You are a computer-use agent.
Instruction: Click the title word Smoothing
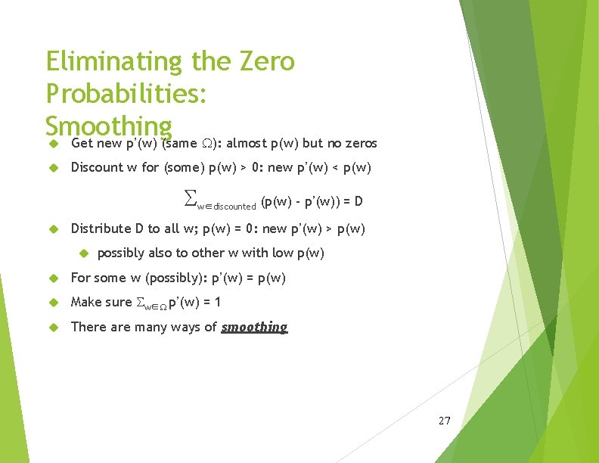pyautogui.click(x=109, y=126)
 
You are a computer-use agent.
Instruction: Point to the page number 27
pyautogui.click(x=444, y=420)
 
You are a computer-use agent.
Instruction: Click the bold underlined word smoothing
pyautogui.click(x=254, y=327)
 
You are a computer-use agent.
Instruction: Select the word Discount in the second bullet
pyautogui.click(x=95, y=167)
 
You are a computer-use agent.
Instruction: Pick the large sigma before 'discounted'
pyautogui.click(x=190, y=198)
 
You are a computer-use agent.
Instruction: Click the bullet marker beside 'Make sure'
pyautogui.click(x=53, y=303)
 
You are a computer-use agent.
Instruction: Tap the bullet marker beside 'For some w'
pyautogui.click(x=53, y=278)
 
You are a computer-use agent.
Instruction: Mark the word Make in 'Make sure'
pyautogui.click(x=85, y=302)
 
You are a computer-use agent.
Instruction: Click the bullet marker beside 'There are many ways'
pyautogui.click(x=53, y=328)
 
